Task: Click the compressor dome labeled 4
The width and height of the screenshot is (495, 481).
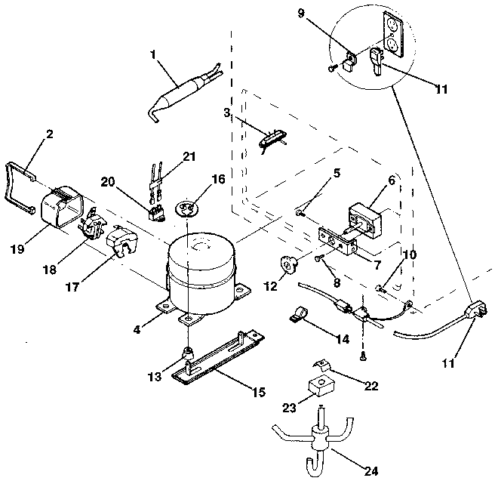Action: tap(199, 268)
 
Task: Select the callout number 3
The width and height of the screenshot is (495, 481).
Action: tap(226, 113)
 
